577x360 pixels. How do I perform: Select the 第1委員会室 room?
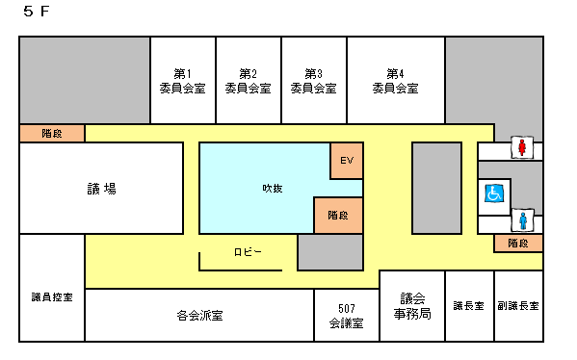pos(182,81)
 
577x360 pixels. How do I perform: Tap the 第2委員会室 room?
pos(248,81)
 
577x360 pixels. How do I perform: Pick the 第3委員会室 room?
pos(313,81)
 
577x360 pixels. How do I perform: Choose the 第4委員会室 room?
pos(395,81)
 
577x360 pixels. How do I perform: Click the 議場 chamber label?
pos(101,189)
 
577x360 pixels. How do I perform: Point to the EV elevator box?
pos(347,160)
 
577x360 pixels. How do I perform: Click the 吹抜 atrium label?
pos(272,188)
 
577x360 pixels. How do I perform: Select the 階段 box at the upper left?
pos(52,133)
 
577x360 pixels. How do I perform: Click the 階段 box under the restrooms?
pos(518,244)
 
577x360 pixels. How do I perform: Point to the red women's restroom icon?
pos(522,147)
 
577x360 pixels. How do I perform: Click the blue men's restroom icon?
pos(521,220)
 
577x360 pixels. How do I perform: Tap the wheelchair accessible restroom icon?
pos(493,193)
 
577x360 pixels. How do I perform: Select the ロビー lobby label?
pos(248,252)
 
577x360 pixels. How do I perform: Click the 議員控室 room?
pos(52,296)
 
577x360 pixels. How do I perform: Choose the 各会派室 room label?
pos(199,315)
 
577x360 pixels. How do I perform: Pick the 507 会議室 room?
pos(346,316)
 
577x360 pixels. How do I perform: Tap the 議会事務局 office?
pos(411,305)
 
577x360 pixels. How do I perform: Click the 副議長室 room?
pos(518,305)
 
